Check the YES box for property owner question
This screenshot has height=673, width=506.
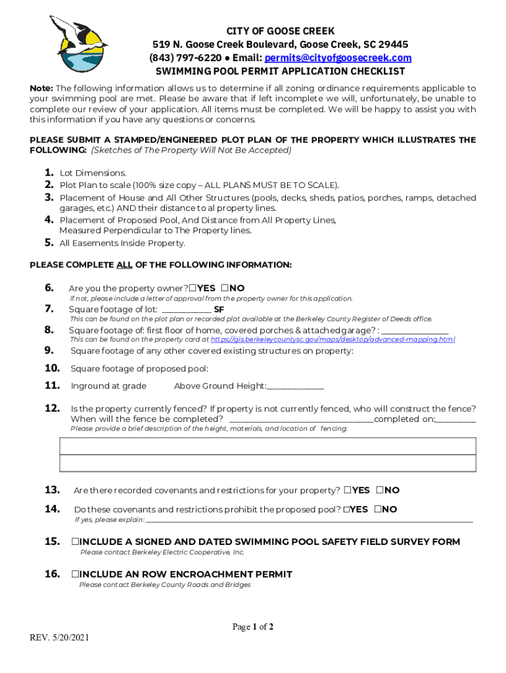pyautogui.click(x=192, y=289)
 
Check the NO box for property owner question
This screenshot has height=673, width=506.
pyautogui.click(x=225, y=289)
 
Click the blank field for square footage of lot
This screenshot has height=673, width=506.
pyautogui.click(x=186, y=310)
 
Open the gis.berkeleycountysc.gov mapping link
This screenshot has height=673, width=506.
pyautogui.click(x=333, y=340)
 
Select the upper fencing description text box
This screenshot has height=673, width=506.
pyautogui.click(x=267, y=446)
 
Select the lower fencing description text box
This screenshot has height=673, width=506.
pyautogui.click(x=267, y=463)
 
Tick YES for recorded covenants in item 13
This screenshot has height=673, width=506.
pyautogui.click(x=348, y=490)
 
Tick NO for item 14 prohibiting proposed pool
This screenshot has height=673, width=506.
pyautogui.click(x=378, y=509)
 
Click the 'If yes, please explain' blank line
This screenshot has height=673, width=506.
pyautogui.click(x=309, y=520)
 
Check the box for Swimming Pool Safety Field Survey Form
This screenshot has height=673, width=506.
pyautogui.click(x=76, y=542)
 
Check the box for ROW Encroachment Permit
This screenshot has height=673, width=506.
pyautogui.click(x=76, y=574)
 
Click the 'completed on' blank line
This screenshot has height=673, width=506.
pyautogui.click(x=455, y=419)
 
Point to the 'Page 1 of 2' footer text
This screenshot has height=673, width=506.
pyautogui.click(x=253, y=627)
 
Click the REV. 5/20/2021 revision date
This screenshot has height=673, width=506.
pyautogui.click(x=60, y=638)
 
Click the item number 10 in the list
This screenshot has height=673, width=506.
pyautogui.click(x=53, y=368)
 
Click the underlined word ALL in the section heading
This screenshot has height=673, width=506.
pyautogui.click(x=124, y=265)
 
